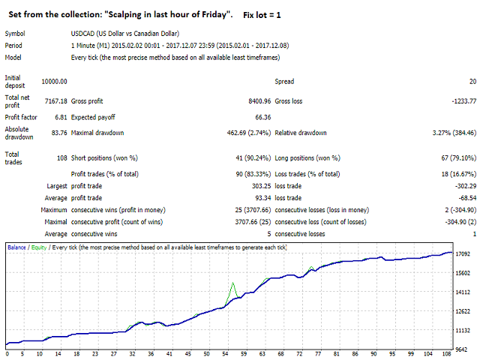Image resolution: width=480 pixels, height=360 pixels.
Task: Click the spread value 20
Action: [x=472, y=81]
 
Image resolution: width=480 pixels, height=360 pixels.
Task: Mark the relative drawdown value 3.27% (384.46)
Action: [x=450, y=133]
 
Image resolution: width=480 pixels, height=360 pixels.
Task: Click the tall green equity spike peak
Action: [x=232, y=283]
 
